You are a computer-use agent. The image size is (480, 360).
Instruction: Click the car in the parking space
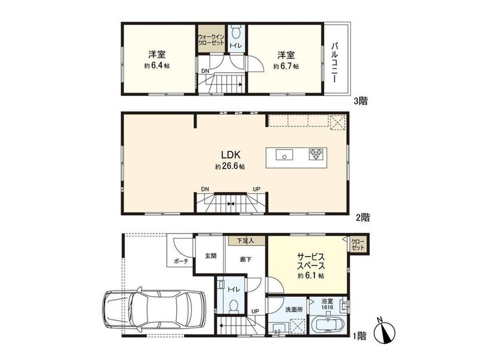click(x=154, y=309)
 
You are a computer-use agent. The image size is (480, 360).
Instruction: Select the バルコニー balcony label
click(x=335, y=63)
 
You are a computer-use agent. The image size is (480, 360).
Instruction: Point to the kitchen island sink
click(x=284, y=154)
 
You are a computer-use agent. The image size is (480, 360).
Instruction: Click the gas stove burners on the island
click(x=316, y=154)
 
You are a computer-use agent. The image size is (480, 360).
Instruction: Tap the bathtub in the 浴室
click(x=328, y=326)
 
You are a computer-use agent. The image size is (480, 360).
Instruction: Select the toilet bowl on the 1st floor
click(x=234, y=306)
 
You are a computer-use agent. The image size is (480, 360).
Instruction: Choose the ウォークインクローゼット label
click(x=211, y=40)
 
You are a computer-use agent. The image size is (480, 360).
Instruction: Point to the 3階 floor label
click(x=361, y=101)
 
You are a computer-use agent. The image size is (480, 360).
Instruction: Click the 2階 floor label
click(x=363, y=218)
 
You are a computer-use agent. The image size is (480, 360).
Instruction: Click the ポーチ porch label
click(x=181, y=261)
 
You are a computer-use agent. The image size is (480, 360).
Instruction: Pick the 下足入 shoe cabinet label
click(x=246, y=241)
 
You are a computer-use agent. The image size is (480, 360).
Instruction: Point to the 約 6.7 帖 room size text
click(x=286, y=66)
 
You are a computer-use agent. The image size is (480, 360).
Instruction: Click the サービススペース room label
click(x=311, y=261)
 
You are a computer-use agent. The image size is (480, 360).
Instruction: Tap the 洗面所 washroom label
click(x=294, y=309)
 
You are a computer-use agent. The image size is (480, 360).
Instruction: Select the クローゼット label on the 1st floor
click(x=358, y=244)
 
